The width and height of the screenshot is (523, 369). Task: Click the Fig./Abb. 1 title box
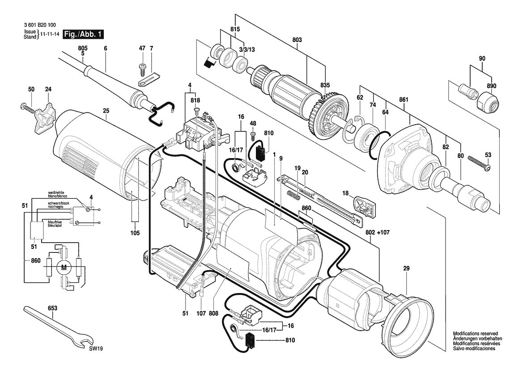(83, 34)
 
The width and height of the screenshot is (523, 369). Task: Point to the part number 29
(406, 268)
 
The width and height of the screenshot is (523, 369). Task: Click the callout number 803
(297, 40)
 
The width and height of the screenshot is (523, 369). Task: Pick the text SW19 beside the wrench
(96, 349)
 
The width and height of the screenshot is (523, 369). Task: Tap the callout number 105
(135, 233)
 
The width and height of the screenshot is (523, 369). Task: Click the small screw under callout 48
(253, 136)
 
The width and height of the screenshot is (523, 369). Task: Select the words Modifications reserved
(475, 333)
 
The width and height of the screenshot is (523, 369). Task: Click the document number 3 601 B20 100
(40, 25)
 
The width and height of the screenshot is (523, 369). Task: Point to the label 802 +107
(377, 232)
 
